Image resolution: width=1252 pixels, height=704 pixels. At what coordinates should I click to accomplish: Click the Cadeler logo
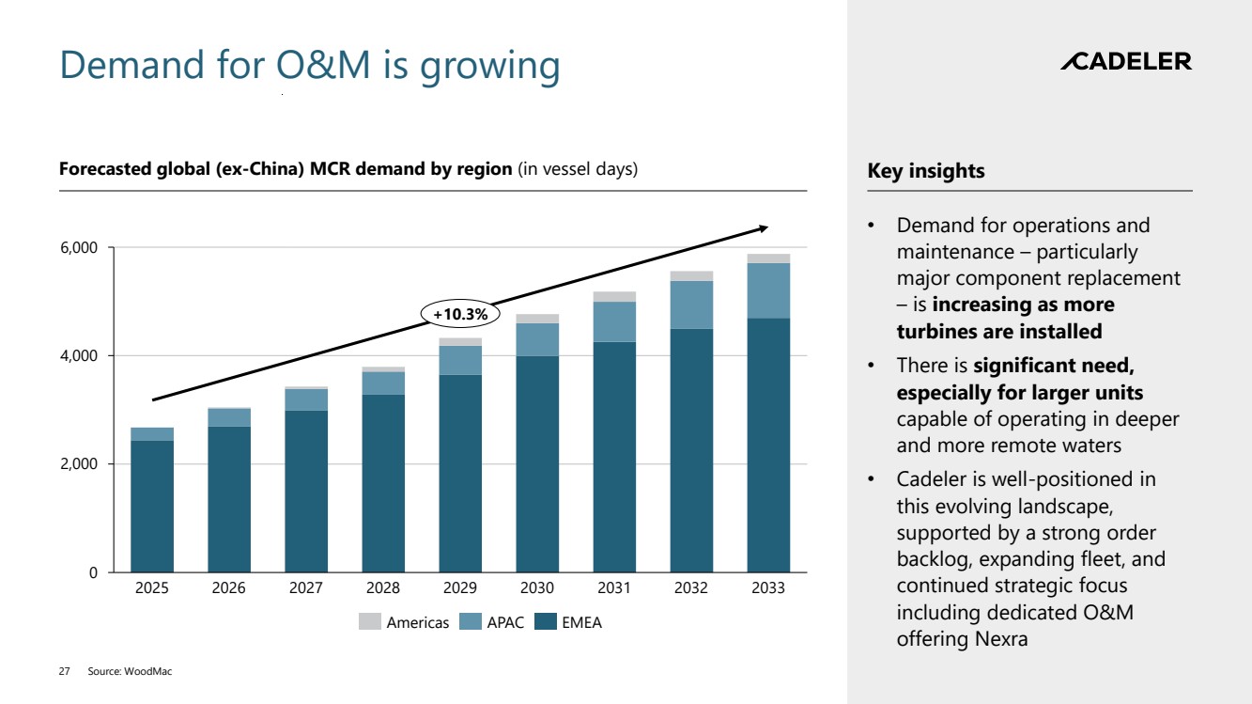pyautogui.click(x=1125, y=62)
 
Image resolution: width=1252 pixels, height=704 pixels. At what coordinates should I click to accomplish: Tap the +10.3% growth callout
pyautogui.click(x=460, y=313)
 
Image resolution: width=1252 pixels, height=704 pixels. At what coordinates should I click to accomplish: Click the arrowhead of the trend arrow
pyautogui.click(x=764, y=227)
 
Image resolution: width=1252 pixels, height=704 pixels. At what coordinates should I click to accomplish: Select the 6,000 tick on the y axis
pyautogui.click(x=79, y=248)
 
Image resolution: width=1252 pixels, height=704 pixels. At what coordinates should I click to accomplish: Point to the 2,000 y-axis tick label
pyautogui.click(x=79, y=464)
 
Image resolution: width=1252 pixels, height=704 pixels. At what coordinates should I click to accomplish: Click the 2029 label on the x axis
pyautogui.click(x=460, y=588)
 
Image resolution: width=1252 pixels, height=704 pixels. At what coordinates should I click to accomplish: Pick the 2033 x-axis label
pyautogui.click(x=767, y=588)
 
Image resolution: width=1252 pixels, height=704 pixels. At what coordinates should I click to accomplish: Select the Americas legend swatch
pyautogui.click(x=370, y=622)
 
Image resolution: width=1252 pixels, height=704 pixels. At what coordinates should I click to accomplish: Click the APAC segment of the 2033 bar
pyautogui.click(x=767, y=290)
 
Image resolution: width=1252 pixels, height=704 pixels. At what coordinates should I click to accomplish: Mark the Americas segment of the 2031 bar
pyautogui.click(x=614, y=296)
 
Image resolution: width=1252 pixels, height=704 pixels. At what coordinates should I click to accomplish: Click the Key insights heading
pyautogui.click(x=926, y=171)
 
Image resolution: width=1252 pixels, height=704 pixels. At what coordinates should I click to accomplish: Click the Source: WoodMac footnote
pyautogui.click(x=131, y=672)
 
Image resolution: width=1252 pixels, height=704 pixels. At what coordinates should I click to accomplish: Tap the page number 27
pyautogui.click(x=65, y=672)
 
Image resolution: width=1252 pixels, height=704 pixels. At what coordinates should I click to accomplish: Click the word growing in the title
pyautogui.click(x=489, y=66)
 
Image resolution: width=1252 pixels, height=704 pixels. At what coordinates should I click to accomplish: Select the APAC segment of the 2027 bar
pyautogui.click(x=306, y=399)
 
